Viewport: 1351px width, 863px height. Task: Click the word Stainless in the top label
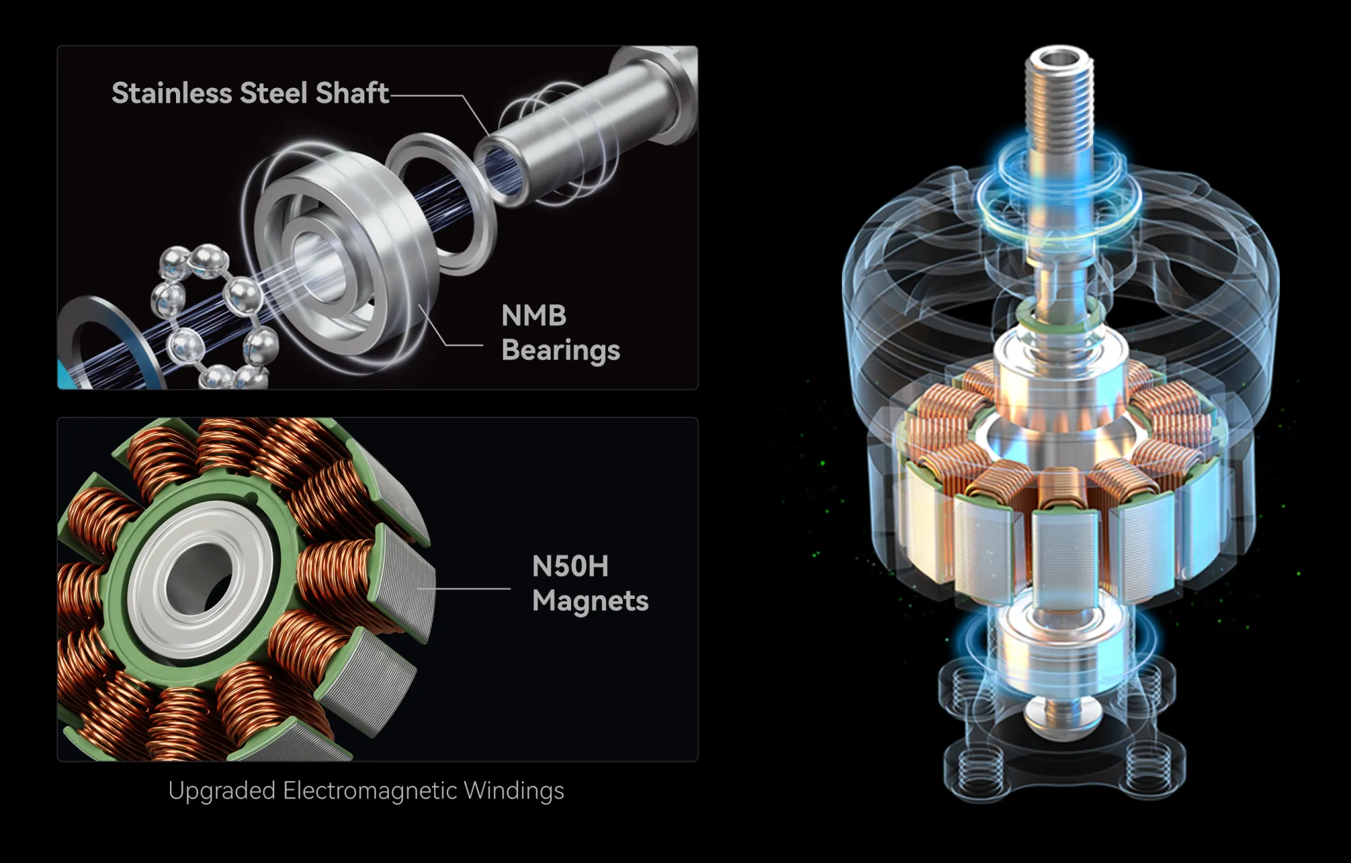tap(171, 93)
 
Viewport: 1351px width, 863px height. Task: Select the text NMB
tap(534, 316)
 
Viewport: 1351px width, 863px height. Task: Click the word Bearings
tap(560, 350)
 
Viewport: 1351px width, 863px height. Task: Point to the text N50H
tap(570, 566)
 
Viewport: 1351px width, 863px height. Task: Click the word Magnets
tap(590, 601)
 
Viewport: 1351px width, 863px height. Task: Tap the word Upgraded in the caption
tap(221, 791)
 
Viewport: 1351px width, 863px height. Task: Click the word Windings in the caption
tap(513, 791)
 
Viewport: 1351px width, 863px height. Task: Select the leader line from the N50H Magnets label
tap(471, 588)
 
